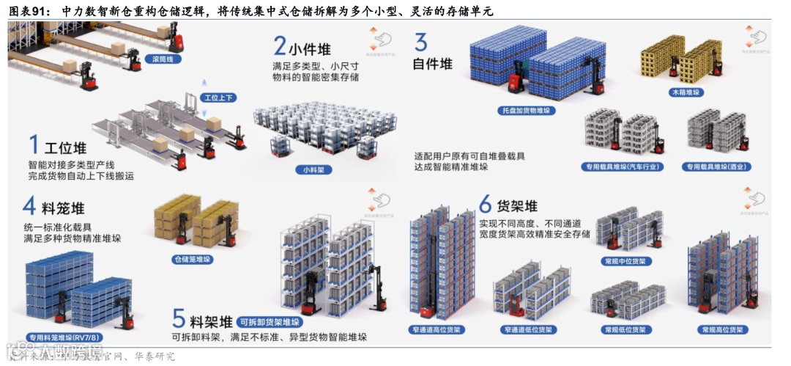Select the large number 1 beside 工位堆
33,144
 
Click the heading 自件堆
432,64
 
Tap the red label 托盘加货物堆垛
526,111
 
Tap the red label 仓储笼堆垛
192,259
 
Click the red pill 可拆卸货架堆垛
270,322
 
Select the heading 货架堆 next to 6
518,205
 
